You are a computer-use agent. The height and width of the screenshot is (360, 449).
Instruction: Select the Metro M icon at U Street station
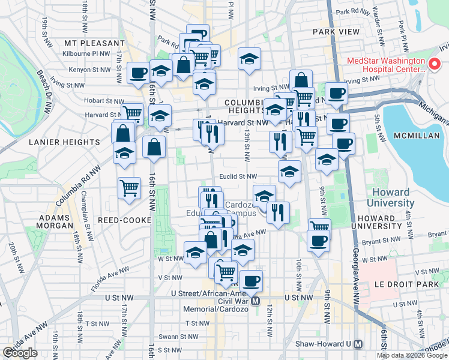click(256, 301)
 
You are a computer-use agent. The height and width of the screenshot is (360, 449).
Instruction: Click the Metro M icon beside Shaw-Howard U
click(358, 344)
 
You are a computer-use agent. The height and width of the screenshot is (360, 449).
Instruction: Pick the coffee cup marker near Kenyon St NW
click(138, 73)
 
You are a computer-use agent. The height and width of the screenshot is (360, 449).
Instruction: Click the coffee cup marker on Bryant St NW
click(318, 241)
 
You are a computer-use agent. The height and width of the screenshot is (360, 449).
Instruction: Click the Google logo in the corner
click(21, 353)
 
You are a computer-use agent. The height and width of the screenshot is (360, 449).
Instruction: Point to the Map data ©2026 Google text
click(412, 355)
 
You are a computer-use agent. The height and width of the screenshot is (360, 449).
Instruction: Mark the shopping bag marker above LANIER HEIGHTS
click(122, 133)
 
